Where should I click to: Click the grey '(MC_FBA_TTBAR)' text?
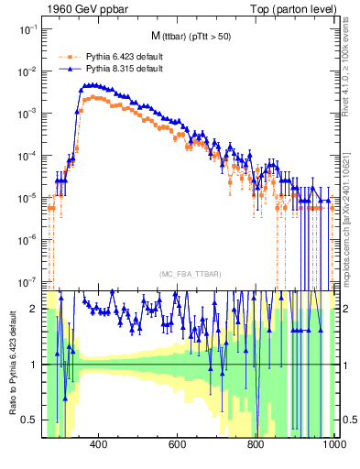pyautogui.click(x=190, y=275)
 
